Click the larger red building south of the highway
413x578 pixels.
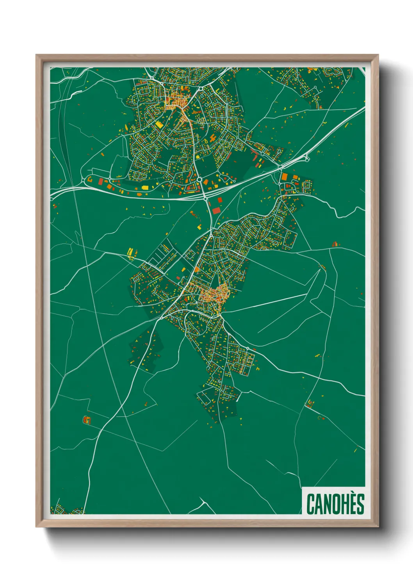coord(216,211)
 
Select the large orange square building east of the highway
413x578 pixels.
coord(285,177)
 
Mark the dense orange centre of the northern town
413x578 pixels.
coord(176,102)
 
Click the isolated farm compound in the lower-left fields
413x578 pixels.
coord(86,420)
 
